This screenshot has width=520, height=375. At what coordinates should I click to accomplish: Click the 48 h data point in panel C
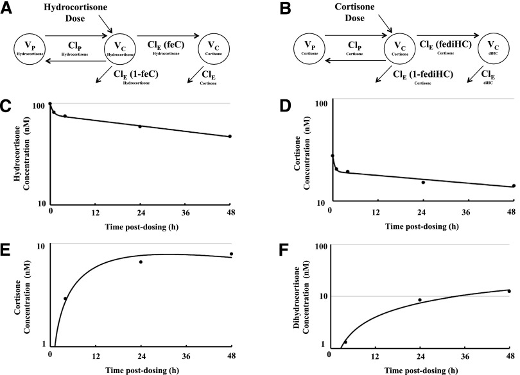[x=230, y=136]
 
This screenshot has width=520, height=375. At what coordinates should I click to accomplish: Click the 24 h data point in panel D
[x=423, y=183]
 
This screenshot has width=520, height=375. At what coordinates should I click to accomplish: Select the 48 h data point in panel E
[x=231, y=254]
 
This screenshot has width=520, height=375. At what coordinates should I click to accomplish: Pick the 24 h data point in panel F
[x=420, y=300]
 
